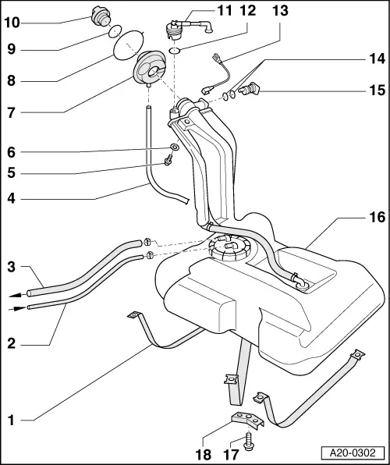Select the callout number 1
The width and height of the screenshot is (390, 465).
(12, 421)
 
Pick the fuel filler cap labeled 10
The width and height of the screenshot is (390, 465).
(99, 15)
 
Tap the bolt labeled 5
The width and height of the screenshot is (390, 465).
(167, 162)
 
